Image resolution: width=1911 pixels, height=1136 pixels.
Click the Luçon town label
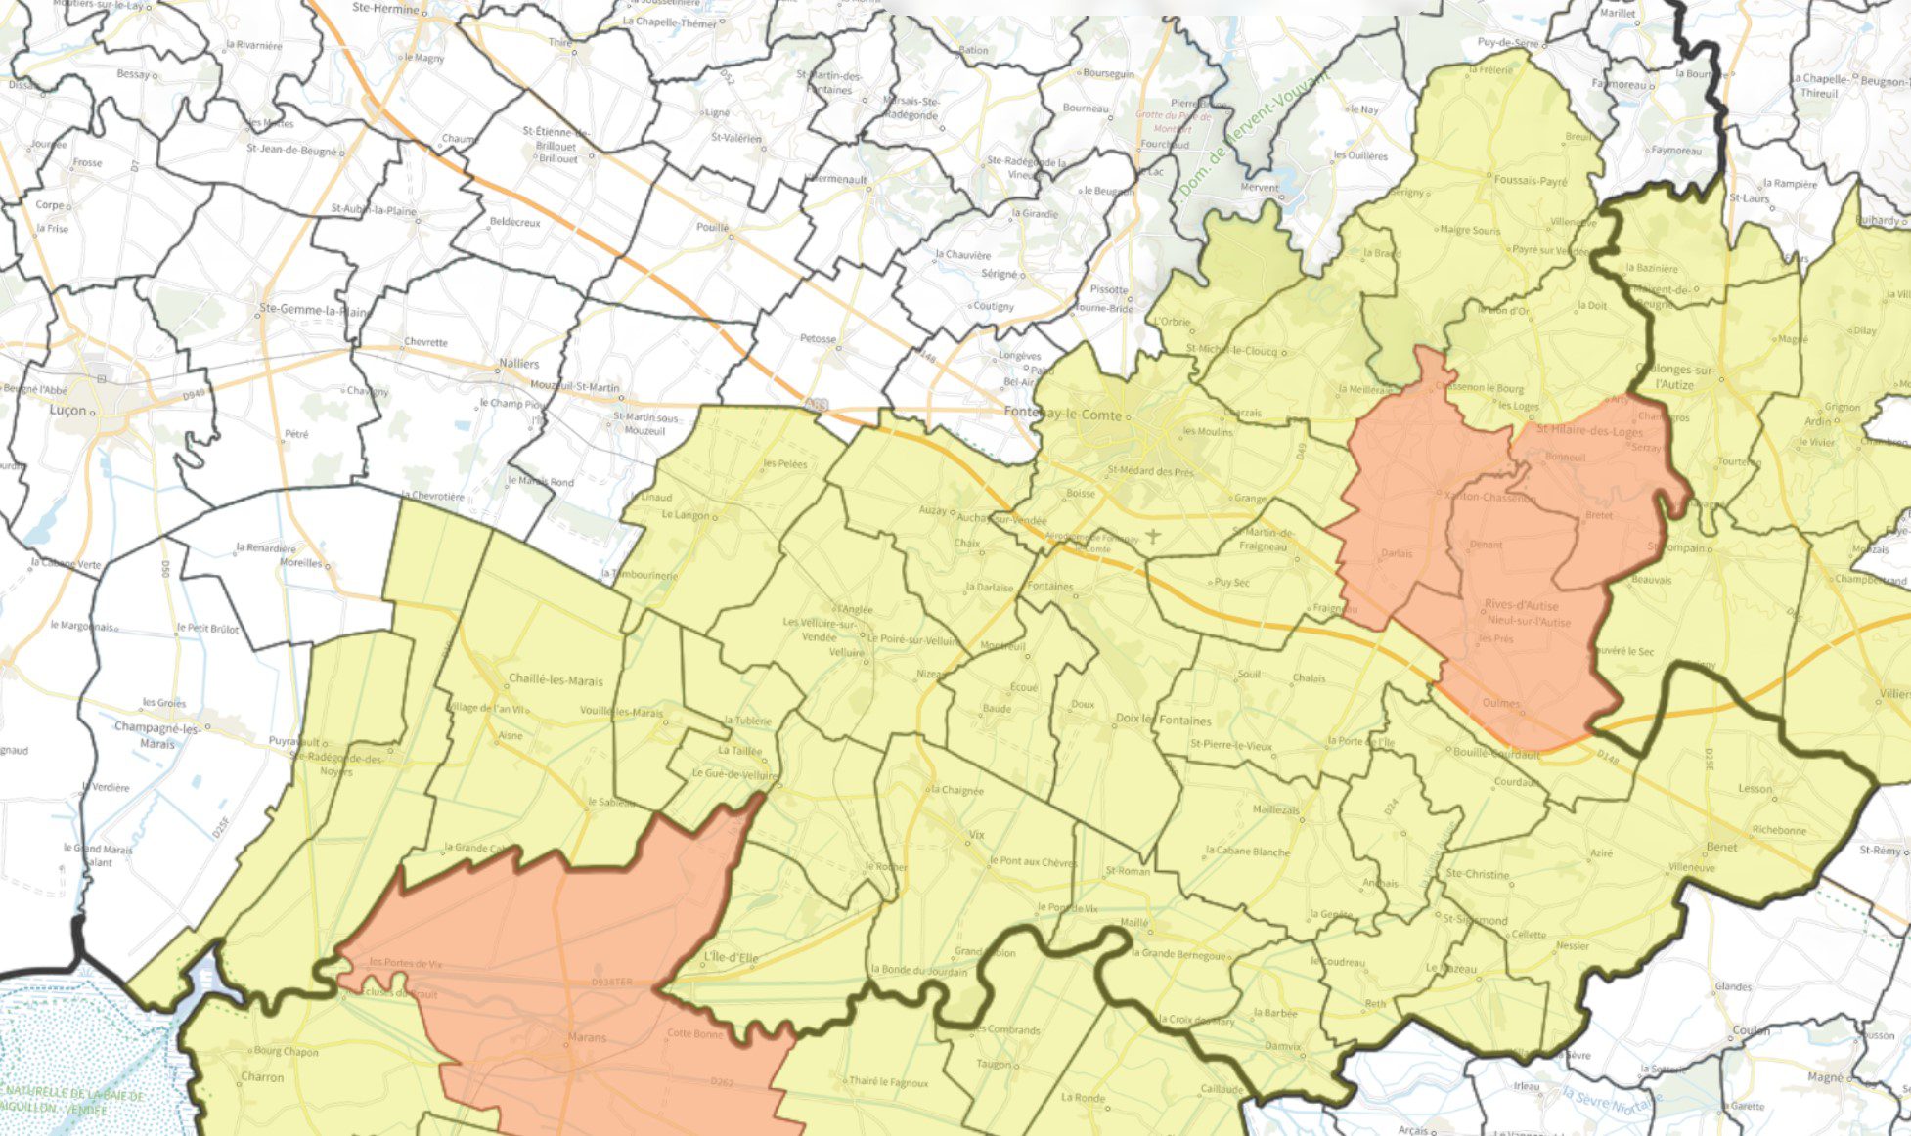coord(67,411)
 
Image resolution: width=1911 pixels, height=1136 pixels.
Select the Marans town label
coord(587,1037)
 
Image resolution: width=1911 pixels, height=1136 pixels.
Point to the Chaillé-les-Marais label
coord(556,680)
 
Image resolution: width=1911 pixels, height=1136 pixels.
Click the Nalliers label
coord(518,364)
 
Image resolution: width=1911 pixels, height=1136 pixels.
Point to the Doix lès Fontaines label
coord(1163,720)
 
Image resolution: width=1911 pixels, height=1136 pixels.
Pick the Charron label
coord(262,1077)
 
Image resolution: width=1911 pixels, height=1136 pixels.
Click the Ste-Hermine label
coord(390,10)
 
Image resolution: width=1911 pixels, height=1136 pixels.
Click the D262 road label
coord(722,1082)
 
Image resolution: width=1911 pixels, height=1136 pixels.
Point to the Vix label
coord(976,835)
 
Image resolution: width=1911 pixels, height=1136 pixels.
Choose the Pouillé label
coord(713,227)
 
